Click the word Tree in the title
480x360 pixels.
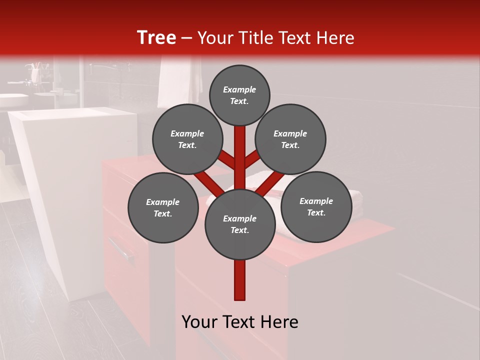(156, 38)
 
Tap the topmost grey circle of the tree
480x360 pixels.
(239, 95)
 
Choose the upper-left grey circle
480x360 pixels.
(187, 139)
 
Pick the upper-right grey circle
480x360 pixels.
(290, 139)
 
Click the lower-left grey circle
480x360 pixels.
(163, 207)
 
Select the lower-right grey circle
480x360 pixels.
(316, 206)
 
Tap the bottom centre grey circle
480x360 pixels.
(240, 224)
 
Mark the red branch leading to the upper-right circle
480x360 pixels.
(252, 159)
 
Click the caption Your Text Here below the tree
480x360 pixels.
(240, 322)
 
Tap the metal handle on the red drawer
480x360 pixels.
(121, 249)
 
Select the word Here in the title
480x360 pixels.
(335, 38)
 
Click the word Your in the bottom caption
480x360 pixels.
(199, 322)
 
